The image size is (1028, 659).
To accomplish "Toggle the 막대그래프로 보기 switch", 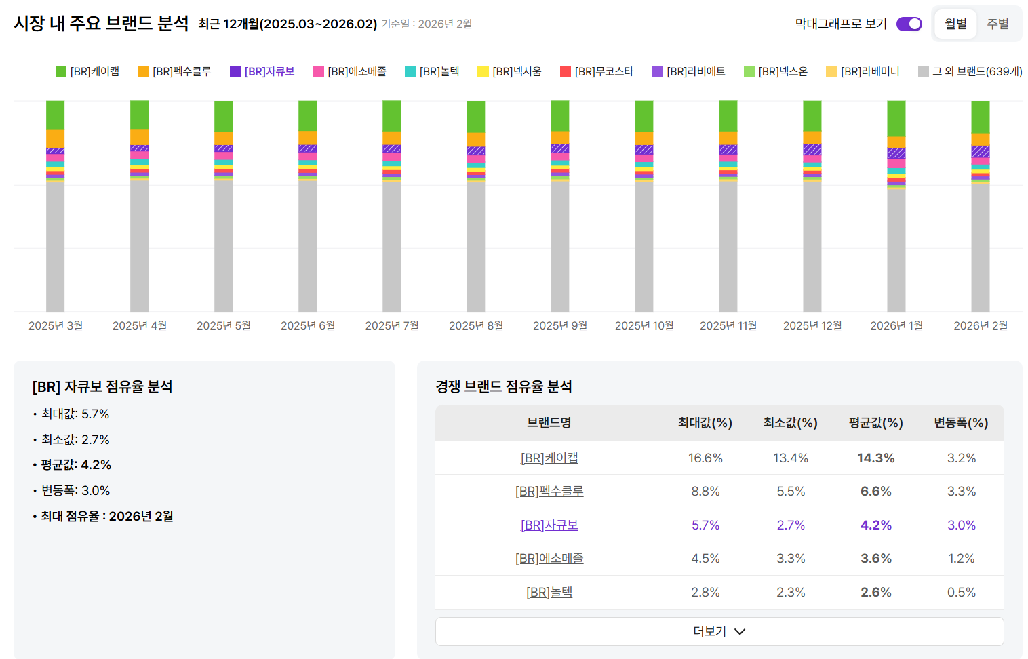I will coord(909,24).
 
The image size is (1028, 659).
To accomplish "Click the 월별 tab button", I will coord(955,24).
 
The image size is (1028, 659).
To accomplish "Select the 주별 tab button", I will coord(997,24).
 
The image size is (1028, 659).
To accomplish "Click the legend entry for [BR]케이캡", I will coord(87,71).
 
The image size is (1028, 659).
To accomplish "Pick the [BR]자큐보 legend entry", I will coord(262,71).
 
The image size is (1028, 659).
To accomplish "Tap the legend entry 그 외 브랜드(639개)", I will coord(970,71).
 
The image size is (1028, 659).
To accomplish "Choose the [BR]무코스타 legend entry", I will coord(597,71).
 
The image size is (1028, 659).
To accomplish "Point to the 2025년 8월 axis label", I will coord(476,325).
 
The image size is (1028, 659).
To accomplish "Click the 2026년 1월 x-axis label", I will coord(896,325).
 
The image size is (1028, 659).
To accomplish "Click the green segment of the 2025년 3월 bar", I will coord(56,115).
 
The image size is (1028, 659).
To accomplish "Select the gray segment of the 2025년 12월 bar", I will coord(812,244).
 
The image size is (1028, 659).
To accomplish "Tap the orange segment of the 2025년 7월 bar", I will coord(392,138).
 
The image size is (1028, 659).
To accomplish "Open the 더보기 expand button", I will coord(719,631).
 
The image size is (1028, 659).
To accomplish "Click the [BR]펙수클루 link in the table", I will coord(549,492).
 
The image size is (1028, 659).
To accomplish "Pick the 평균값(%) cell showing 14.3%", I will coord(875,458).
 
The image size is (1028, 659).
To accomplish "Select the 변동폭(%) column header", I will coord(961,423).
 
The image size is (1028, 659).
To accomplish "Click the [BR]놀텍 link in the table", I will coord(549,593).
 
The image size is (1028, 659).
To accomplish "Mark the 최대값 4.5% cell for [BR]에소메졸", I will coord(705,559).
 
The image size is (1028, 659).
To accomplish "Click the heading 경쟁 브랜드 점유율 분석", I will coord(504,386).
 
